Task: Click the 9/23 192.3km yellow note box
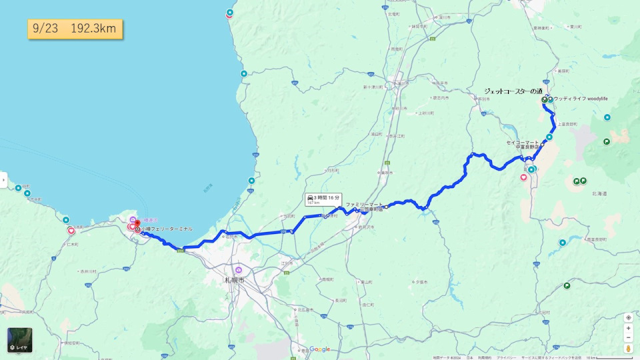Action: [75, 29]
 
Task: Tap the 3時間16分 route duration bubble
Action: [323, 199]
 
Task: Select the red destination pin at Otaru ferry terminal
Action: [137, 223]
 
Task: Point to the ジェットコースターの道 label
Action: [513, 91]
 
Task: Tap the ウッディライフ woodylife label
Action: [581, 99]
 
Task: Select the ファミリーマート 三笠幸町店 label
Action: [365, 207]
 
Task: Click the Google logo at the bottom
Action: [319, 349]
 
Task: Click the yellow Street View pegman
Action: [628, 348]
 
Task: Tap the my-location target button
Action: [628, 317]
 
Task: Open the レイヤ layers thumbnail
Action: [19, 340]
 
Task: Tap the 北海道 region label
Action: [599, 193]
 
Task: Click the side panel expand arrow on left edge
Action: [3, 180]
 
